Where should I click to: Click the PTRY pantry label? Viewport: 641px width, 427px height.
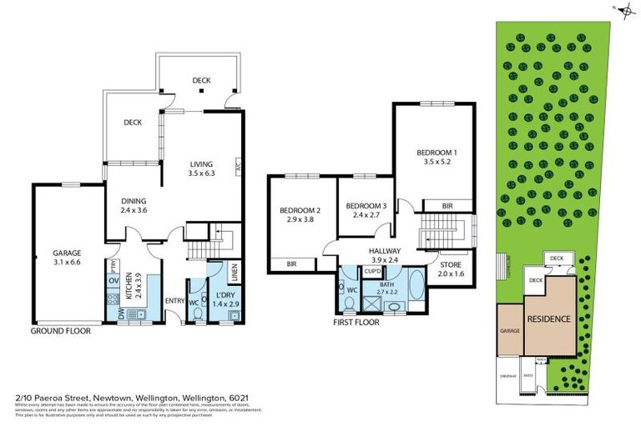(114, 264)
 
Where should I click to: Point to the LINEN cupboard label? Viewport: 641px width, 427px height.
(235, 272)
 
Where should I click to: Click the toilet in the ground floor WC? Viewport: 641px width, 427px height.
(197, 313)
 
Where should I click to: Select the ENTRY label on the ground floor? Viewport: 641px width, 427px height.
(174, 300)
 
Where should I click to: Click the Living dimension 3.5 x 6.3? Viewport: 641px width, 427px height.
(203, 173)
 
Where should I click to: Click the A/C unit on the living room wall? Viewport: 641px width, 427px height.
(239, 166)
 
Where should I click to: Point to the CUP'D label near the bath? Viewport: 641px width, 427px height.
(374, 271)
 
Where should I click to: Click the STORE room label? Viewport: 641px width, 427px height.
(450, 264)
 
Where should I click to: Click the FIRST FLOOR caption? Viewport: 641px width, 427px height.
(356, 322)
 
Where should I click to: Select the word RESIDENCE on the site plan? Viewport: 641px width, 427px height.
(548, 319)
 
